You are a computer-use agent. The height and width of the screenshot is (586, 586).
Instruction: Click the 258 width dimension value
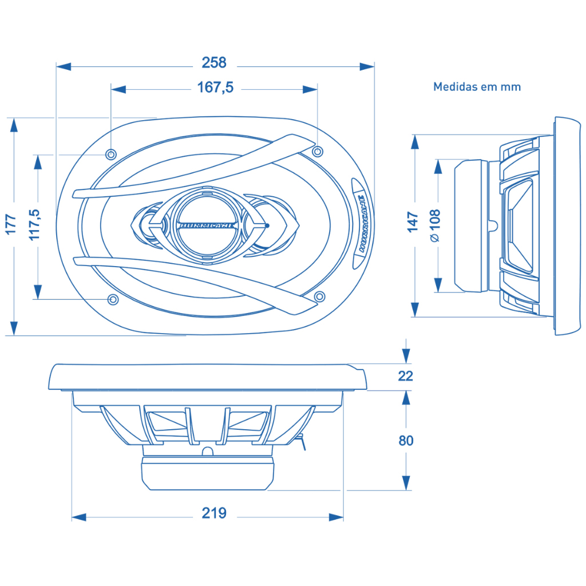click(214, 62)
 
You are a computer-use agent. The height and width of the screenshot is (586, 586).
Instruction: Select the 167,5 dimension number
click(215, 88)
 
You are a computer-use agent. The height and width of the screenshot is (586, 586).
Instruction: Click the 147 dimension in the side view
click(413, 222)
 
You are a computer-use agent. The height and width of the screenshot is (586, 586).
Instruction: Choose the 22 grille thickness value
click(405, 376)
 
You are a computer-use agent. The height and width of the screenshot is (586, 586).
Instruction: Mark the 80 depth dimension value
click(405, 441)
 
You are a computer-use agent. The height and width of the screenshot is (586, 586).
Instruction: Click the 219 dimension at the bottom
click(214, 513)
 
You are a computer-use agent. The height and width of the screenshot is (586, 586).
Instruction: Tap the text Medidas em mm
click(477, 87)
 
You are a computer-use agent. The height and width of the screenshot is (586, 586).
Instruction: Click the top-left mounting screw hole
click(111, 154)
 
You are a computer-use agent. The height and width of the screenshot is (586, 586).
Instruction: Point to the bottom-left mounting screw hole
click(113, 299)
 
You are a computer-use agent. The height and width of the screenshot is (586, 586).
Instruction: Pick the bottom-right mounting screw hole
click(320, 296)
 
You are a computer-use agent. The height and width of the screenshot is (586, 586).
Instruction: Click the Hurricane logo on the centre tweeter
click(206, 225)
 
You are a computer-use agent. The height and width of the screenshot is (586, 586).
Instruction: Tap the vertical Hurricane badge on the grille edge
click(362, 223)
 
